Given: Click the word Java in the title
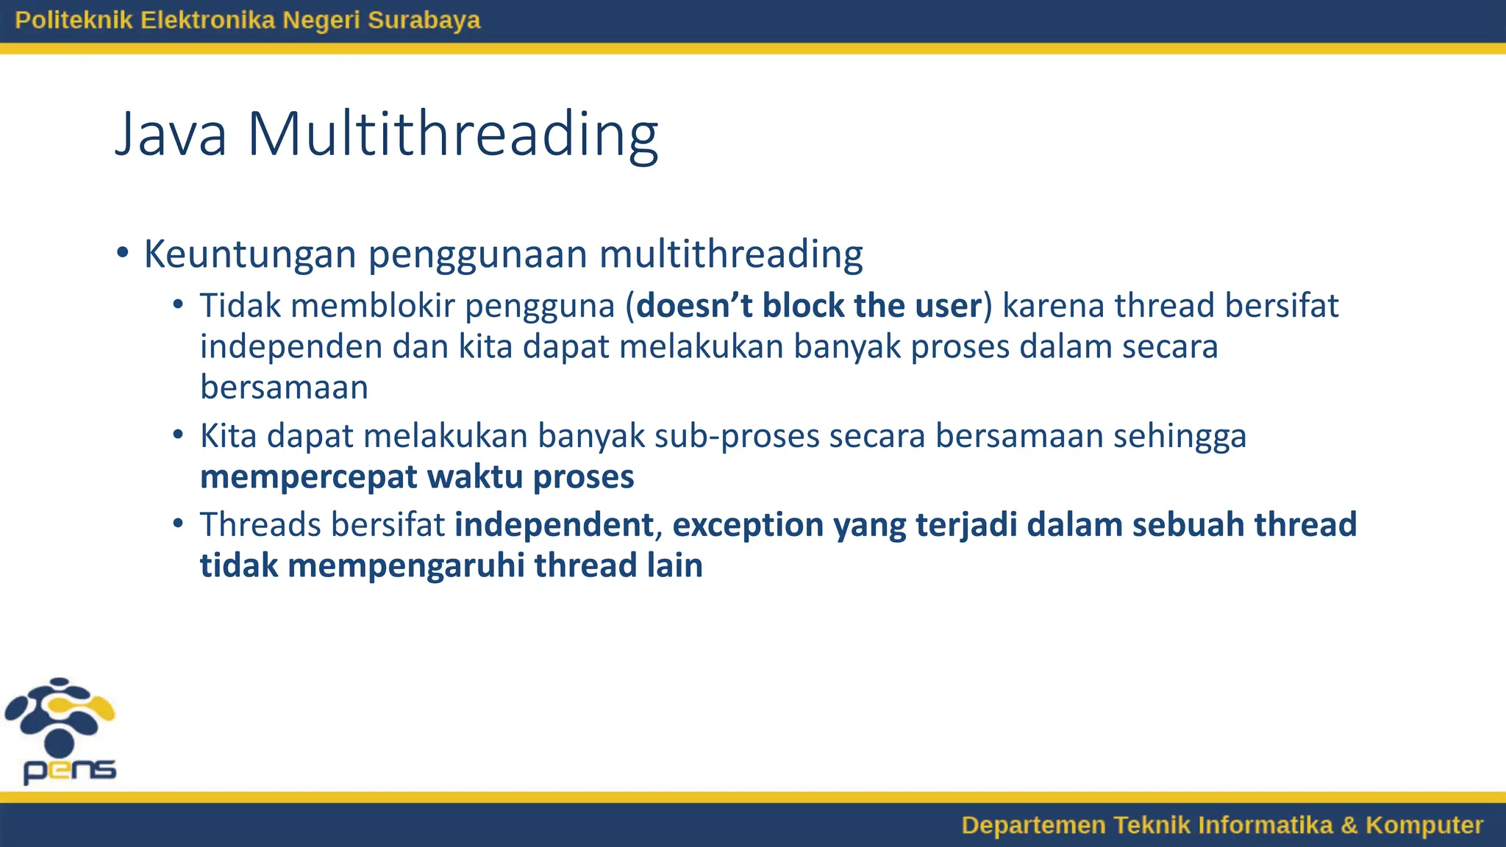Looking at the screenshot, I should (171, 135).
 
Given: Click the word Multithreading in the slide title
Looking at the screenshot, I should (452, 135).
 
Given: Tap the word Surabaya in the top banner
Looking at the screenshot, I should (424, 20).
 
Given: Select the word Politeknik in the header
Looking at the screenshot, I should (74, 20).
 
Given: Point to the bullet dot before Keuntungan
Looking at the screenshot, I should (123, 254).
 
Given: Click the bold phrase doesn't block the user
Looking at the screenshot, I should (809, 306).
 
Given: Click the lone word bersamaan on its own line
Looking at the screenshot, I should (284, 387).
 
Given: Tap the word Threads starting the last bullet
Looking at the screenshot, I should (260, 525).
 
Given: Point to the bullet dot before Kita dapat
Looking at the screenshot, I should (178, 435).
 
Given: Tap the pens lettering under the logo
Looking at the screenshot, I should (70, 771).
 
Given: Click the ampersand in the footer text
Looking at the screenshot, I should (1349, 825).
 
